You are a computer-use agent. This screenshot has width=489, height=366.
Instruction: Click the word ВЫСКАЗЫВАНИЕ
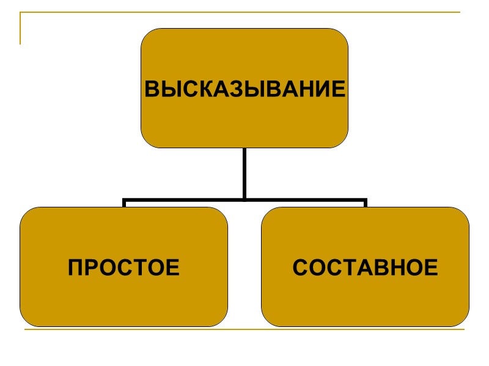[x=244, y=89]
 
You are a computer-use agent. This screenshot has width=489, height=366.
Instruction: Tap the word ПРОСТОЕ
[x=123, y=267]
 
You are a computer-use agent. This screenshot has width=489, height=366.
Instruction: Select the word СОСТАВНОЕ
[x=365, y=267]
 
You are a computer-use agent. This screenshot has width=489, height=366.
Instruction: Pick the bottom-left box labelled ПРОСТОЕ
[x=123, y=299]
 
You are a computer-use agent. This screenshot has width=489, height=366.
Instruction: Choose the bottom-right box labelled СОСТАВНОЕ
[x=365, y=299]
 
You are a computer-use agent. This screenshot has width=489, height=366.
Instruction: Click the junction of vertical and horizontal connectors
[x=244, y=199]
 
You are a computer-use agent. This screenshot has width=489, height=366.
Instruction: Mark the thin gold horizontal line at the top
[x=244, y=12]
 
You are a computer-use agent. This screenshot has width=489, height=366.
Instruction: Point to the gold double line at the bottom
[x=244, y=330]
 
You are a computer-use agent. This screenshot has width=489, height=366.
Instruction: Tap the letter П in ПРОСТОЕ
[x=75, y=267]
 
